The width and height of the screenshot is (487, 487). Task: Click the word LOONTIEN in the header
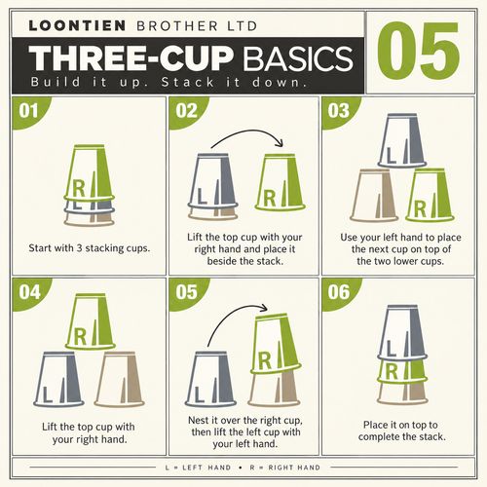(77, 25)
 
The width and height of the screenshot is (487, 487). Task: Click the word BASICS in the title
(298, 58)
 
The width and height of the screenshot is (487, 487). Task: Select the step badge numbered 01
(28, 111)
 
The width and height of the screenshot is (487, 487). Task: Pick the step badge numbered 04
(29, 292)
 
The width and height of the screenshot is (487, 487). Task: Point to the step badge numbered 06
(339, 292)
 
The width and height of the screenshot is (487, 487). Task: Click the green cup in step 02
(281, 182)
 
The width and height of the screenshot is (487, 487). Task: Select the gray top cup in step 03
(402, 140)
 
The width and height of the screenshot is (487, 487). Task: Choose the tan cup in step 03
(374, 196)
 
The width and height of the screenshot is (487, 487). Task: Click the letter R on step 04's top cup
(80, 336)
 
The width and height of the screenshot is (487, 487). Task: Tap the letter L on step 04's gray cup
(47, 394)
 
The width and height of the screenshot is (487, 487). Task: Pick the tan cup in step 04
(119, 379)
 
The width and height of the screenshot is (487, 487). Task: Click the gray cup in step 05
(210, 379)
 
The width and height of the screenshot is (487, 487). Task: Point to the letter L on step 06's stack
(391, 349)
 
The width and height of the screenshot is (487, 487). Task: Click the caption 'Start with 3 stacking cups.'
(90, 248)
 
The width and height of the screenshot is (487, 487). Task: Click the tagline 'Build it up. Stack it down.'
(169, 82)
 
